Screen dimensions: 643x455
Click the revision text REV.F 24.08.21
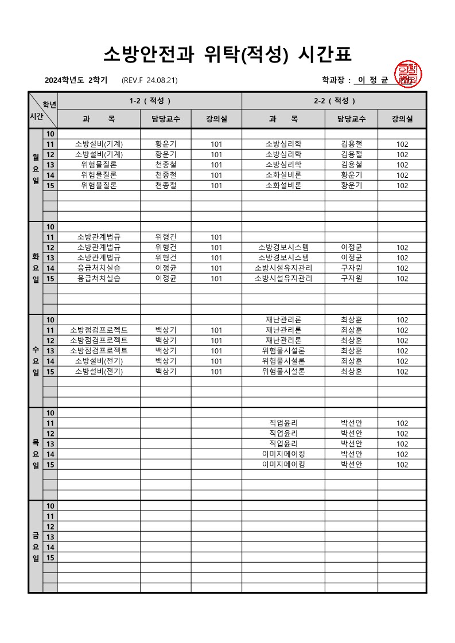pyautogui.click(x=150, y=80)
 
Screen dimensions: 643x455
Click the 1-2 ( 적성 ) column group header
pyautogui.click(x=150, y=101)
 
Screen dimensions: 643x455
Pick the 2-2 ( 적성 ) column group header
pyautogui.click(x=334, y=101)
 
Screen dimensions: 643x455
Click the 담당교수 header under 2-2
pyautogui.click(x=351, y=119)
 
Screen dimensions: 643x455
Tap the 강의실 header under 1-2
pyautogui.click(x=216, y=119)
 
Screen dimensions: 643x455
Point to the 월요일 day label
pyautogui.click(x=36, y=170)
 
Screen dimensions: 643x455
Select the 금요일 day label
pyautogui.click(x=36, y=547)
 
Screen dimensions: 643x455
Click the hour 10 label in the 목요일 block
pyautogui.click(x=50, y=413)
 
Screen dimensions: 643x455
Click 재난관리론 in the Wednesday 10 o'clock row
pyautogui.click(x=283, y=319)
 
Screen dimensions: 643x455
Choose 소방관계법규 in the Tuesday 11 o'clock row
pyautogui.click(x=99, y=237)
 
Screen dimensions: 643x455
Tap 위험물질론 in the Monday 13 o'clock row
pyautogui.click(x=99, y=165)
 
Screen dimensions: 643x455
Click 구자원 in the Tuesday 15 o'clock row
pyautogui.click(x=351, y=278)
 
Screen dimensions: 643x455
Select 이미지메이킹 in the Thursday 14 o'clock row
pyautogui.click(x=283, y=454)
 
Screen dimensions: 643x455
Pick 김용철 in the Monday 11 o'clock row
pyautogui.click(x=351, y=144)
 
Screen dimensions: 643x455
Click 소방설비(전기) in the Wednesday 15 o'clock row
pyautogui.click(x=99, y=371)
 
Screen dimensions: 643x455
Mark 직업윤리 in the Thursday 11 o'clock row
pyautogui.click(x=283, y=423)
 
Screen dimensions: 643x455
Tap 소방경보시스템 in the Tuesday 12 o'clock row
pyautogui.click(x=283, y=247)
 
